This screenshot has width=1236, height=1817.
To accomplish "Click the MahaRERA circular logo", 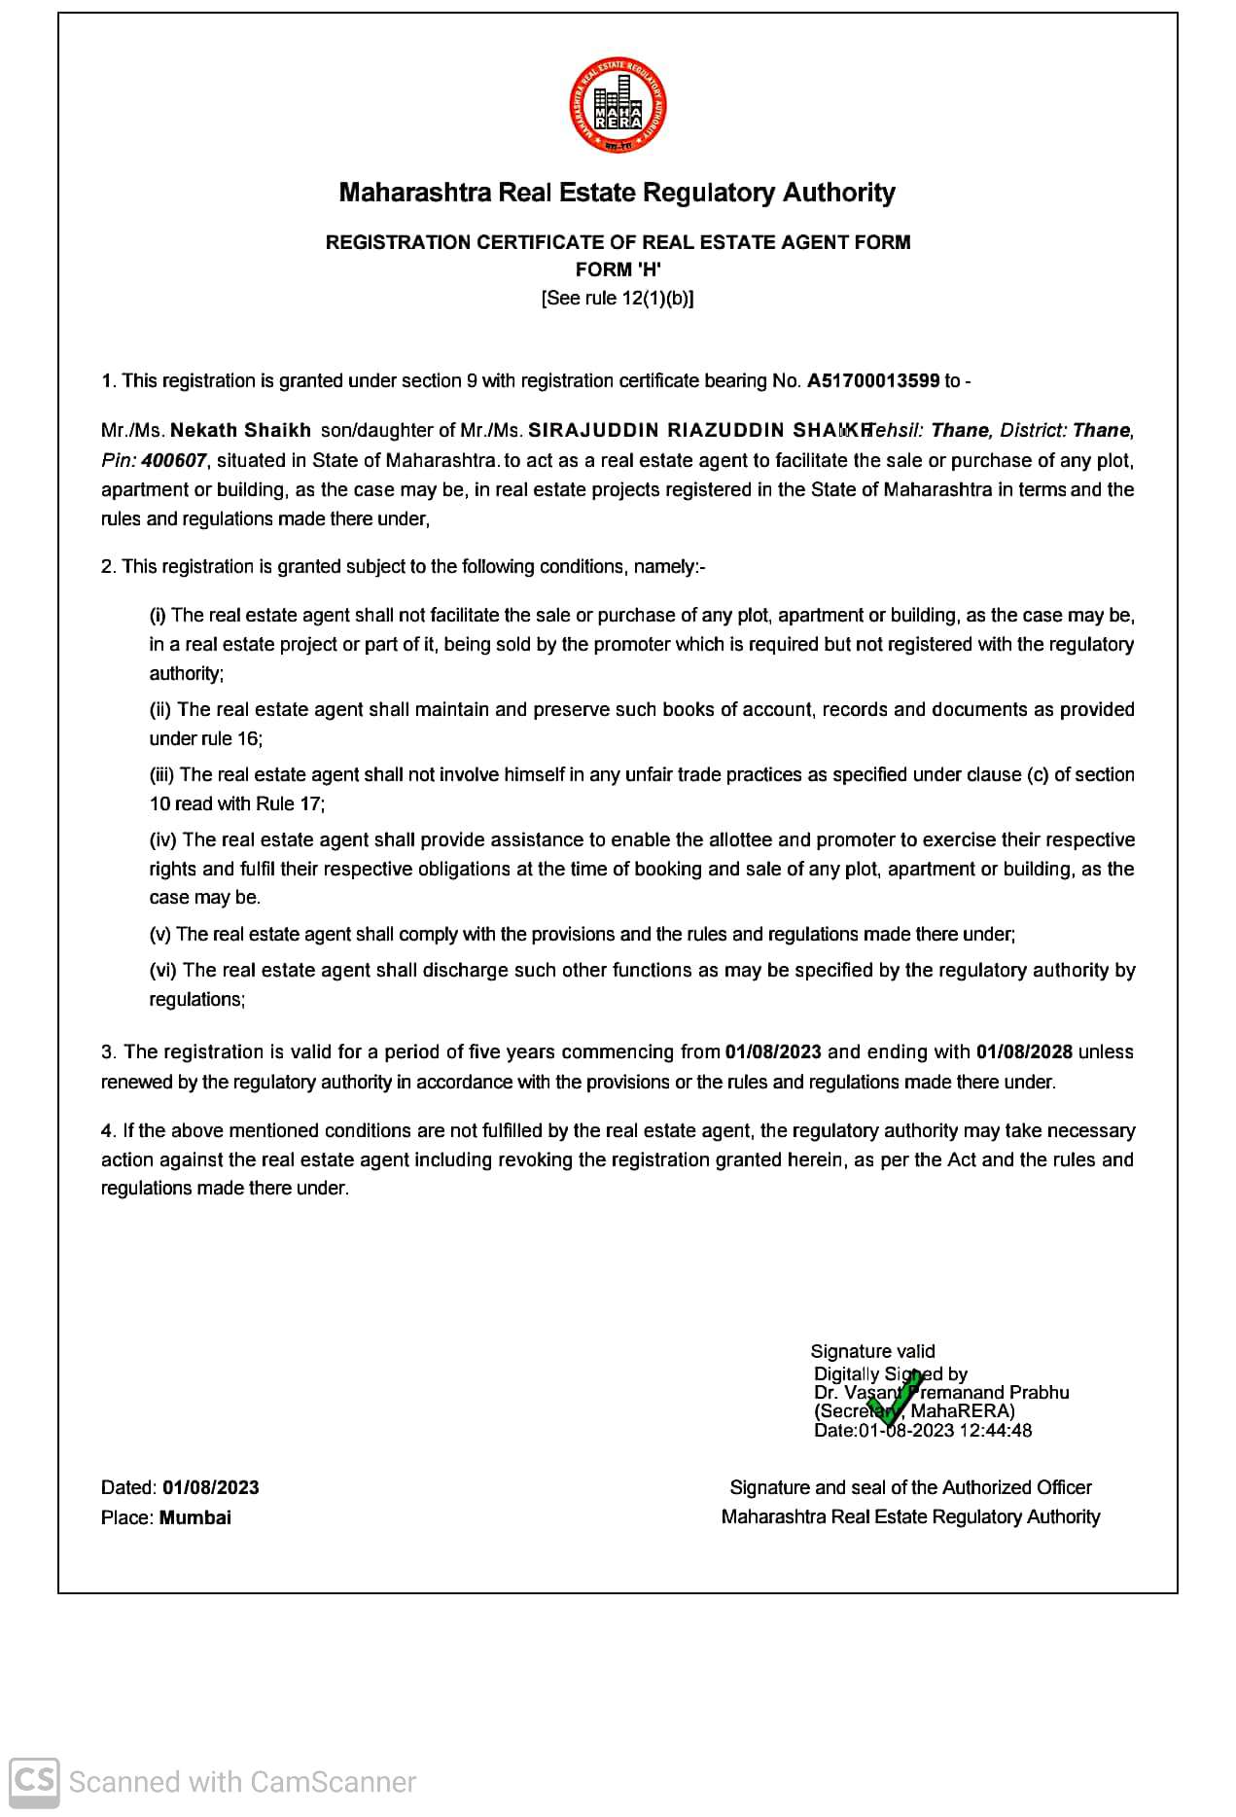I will click(x=618, y=105).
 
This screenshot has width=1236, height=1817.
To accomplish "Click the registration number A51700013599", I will click(x=872, y=381).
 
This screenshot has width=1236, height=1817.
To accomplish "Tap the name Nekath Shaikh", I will click(x=240, y=430).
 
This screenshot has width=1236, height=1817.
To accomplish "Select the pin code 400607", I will click(x=173, y=460).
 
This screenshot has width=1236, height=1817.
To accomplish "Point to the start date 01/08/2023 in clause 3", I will click(x=773, y=1051).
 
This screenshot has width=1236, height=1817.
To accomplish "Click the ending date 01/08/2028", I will click(x=1024, y=1051).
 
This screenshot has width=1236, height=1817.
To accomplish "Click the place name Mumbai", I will click(x=195, y=1517).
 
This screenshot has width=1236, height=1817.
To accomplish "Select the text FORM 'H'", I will click(x=618, y=269).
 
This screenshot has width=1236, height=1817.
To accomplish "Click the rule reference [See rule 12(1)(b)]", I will click(x=618, y=299).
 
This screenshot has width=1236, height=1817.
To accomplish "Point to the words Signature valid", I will click(x=872, y=1351).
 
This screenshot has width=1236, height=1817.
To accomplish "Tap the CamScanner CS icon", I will click(x=34, y=1782).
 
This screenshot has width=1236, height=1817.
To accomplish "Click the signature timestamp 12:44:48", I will click(x=996, y=1430).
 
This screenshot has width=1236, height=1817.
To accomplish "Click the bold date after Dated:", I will click(x=211, y=1487).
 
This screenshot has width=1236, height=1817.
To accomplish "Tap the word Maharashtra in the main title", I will click(x=415, y=193).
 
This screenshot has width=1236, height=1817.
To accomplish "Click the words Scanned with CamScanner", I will click(x=242, y=1782).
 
